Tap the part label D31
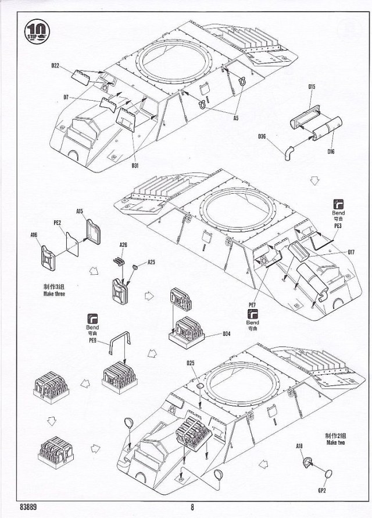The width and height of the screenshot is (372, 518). pyautogui.click(x=135, y=165)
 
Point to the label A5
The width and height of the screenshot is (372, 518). pyautogui.click(x=235, y=118)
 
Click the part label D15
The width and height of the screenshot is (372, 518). pyautogui.click(x=312, y=87)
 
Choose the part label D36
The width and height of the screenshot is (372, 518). pyautogui.click(x=262, y=137)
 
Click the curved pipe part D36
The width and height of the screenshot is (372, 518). pyautogui.click(x=289, y=152)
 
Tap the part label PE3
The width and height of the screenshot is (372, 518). pyautogui.click(x=338, y=225)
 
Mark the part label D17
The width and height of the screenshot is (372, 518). pyautogui.click(x=351, y=252)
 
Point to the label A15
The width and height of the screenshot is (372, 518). pyautogui.click(x=80, y=211)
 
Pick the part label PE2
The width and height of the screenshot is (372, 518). pyautogui.click(x=58, y=222)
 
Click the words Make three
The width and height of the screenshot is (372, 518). pyautogui.click(x=53, y=295)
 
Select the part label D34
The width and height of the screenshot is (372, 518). pyautogui.click(x=227, y=334)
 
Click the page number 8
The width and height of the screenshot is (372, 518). pyautogui.click(x=192, y=505)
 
